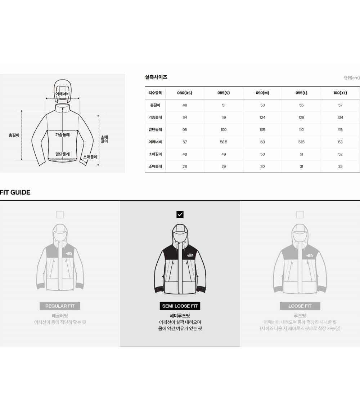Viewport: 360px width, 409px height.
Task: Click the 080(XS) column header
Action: tap(185, 93)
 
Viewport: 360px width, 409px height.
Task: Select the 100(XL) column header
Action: tap(340, 93)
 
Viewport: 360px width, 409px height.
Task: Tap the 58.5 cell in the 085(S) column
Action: tap(224, 142)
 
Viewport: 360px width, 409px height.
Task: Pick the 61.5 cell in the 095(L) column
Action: tap(301, 142)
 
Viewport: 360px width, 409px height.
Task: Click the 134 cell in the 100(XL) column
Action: tap(340, 117)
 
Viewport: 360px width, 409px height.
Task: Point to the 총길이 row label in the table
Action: tap(155, 105)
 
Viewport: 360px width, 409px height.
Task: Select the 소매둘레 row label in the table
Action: tap(155, 166)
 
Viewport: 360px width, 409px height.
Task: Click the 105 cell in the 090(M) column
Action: tap(262, 130)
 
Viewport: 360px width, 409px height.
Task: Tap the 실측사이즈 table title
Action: tap(156, 77)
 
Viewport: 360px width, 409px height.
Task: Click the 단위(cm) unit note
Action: tap(352, 78)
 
